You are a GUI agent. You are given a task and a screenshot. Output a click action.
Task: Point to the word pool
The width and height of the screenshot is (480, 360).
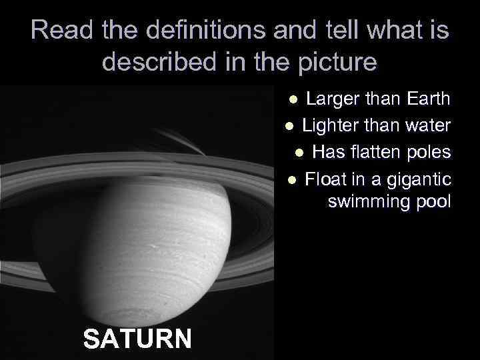pyautogui.click(x=433, y=202)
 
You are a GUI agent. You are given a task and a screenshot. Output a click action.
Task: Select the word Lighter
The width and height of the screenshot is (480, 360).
pyautogui.click(x=329, y=126)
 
